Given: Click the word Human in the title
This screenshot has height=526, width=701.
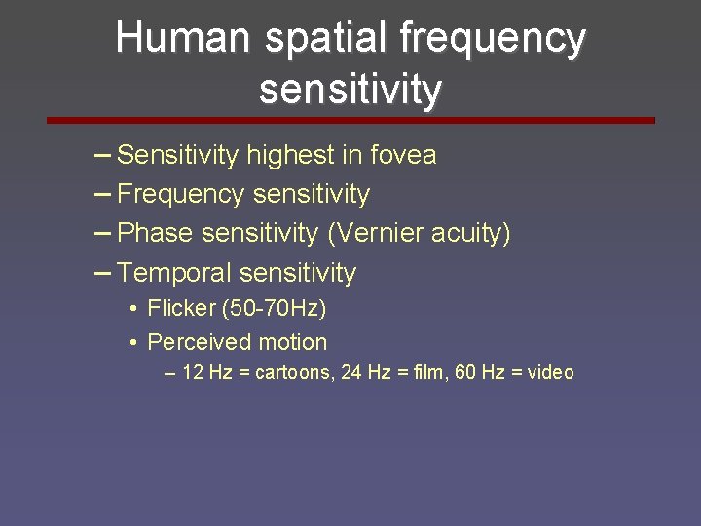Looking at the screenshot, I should coord(181,39).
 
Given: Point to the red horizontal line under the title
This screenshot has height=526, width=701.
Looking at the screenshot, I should coord(350,121).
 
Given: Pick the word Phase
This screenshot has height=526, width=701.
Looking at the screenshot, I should coord(155,234).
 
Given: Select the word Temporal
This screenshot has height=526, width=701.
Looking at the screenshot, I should coord(174,273).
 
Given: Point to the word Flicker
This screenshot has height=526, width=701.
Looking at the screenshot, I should coord(181,309).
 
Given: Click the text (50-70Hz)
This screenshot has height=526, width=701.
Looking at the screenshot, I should coord(275,309).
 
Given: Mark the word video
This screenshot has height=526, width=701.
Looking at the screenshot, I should coord(550,372).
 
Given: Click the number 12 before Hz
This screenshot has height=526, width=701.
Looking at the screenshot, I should coord(192,372).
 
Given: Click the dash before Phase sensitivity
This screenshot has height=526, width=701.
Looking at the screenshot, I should coord(103,233).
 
